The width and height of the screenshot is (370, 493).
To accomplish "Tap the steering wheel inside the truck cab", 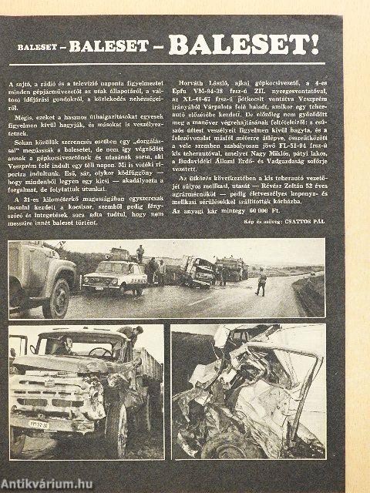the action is (x=100, y=352).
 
